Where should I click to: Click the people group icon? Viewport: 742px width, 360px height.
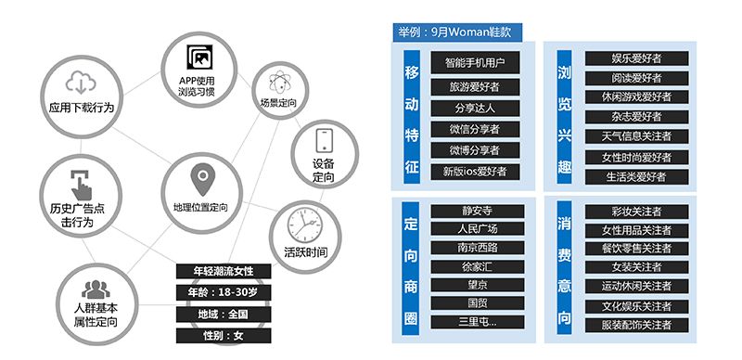pyautogui.click(x=96, y=288)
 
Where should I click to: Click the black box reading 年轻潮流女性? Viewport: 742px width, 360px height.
pyautogui.click(x=224, y=271)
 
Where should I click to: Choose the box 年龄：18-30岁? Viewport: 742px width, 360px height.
pyautogui.click(x=224, y=292)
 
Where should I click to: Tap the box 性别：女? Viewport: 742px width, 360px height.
pyautogui.click(x=224, y=335)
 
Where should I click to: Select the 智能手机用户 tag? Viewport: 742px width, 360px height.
pyautogui.click(x=473, y=64)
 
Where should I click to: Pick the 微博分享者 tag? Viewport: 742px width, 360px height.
pyautogui.click(x=473, y=150)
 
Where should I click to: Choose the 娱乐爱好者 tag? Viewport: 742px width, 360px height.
pyautogui.click(x=635, y=58)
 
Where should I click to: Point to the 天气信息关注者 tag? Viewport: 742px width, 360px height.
pyautogui.click(x=635, y=136)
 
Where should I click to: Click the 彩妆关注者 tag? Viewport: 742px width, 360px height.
pyautogui.click(x=636, y=211)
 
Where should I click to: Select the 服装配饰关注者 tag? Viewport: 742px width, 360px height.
pyautogui.click(x=636, y=325)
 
